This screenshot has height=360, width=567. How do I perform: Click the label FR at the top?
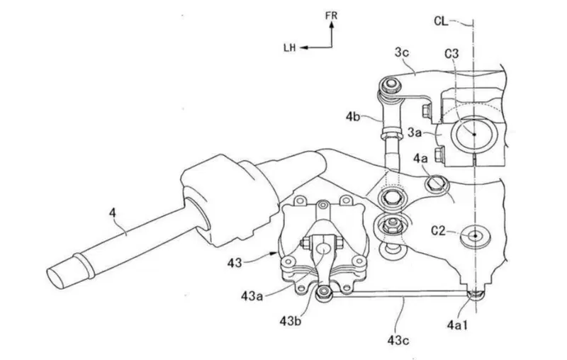tap(331, 16)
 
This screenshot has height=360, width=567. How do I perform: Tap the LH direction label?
tap(290, 47)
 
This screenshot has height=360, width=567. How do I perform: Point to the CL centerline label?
tap(441, 21)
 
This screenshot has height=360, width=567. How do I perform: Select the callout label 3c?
tap(401, 53)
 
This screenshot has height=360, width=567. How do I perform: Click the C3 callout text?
tap(451, 54)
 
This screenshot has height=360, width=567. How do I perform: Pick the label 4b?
tap(352, 117)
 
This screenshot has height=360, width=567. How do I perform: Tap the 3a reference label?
tap(415, 133)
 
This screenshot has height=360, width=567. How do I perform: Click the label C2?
tap(438, 230)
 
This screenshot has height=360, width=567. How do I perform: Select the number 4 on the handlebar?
tap(113, 213)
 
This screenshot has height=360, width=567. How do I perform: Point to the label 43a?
tap(252, 296)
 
